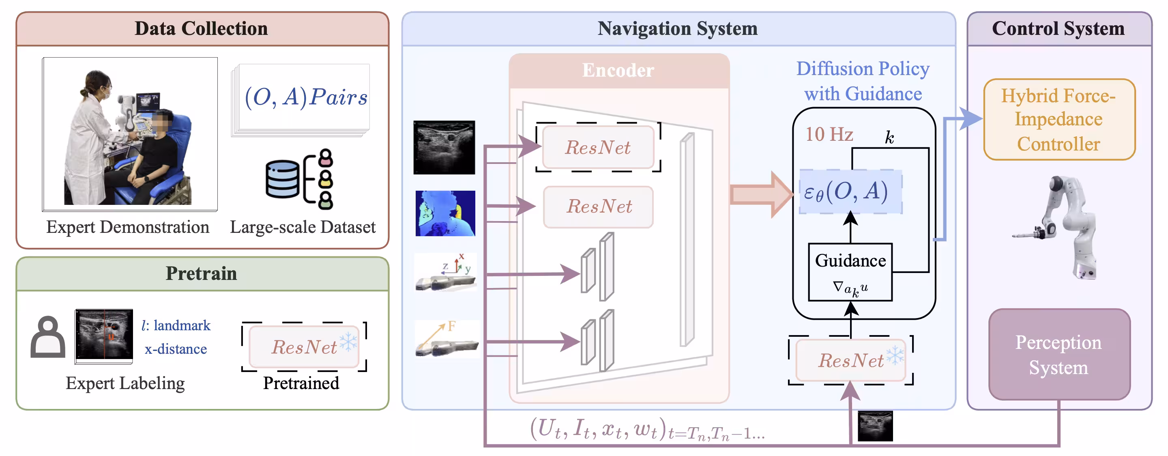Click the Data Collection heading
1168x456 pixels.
pos(201,28)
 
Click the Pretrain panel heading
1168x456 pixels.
pos(201,273)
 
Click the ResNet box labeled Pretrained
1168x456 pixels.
pos(304,347)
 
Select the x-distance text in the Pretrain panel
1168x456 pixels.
pos(176,349)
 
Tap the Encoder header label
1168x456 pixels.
pos(618,70)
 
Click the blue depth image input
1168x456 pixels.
pos(445,213)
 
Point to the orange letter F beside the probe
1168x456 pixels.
pos(452,326)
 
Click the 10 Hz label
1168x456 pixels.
pos(829,134)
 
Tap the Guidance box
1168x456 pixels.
pos(850,272)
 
